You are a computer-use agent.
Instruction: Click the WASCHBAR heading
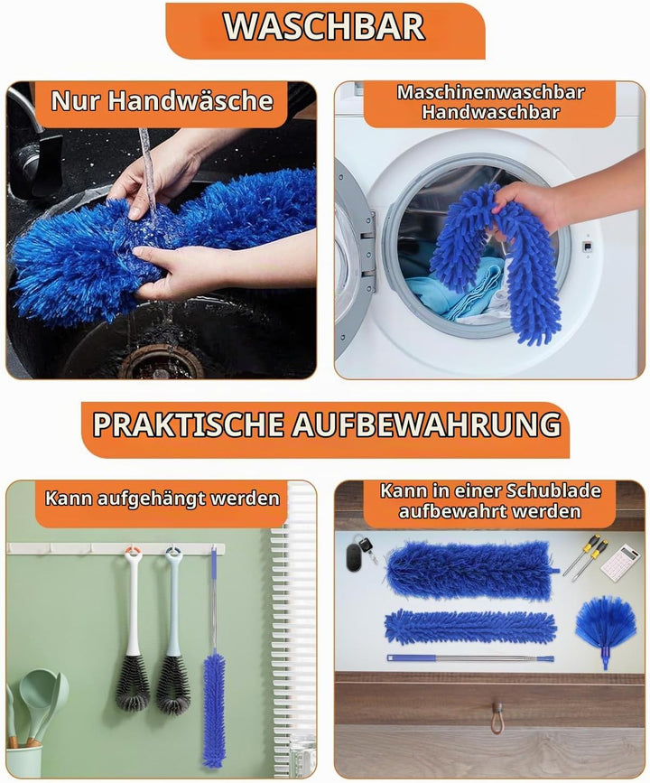(x=324, y=27)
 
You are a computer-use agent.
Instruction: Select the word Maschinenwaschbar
(x=490, y=92)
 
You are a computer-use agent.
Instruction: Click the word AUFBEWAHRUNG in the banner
(x=427, y=425)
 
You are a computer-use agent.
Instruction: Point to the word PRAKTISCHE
(x=189, y=425)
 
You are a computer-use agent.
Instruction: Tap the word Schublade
(x=553, y=491)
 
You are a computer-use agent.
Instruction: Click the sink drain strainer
(x=162, y=364)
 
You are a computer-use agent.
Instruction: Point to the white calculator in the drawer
(x=620, y=562)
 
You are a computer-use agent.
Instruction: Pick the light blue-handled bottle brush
(x=172, y=629)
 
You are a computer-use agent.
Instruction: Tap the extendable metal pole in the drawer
(x=470, y=658)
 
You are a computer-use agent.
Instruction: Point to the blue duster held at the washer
(x=496, y=264)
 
